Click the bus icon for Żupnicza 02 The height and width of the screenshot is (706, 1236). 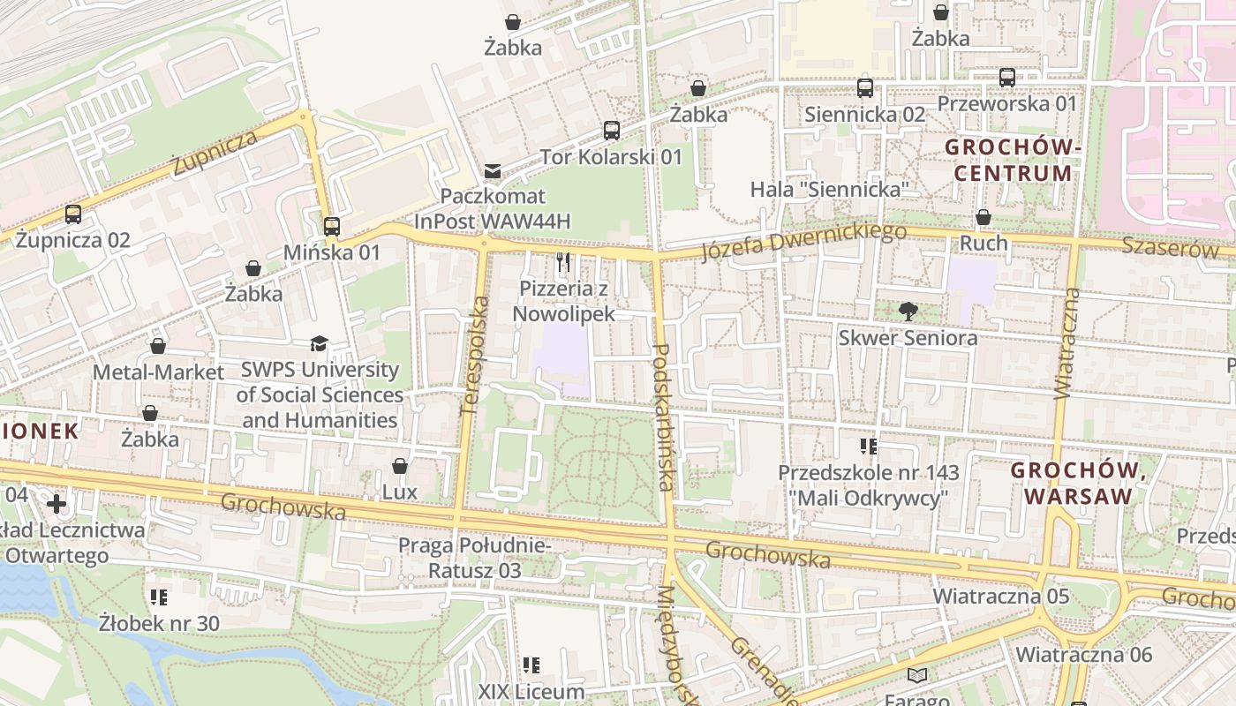(x=73, y=214)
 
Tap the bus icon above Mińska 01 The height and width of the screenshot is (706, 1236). (x=332, y=227)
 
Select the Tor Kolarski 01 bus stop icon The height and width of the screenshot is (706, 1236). (x=612, y=131)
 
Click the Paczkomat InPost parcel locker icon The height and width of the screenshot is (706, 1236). (x=492, y=170)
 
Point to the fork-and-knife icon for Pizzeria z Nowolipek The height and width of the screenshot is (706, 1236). (x=564, y=262)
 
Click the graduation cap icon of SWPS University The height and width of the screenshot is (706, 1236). (x=319, y=344)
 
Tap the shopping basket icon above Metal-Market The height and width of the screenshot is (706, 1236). (x=158, y=346)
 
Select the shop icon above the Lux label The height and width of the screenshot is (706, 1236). (x=400, y=466)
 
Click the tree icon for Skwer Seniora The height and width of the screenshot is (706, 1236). (x=908, y=312)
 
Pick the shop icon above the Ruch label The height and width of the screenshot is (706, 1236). (x=984, y=217)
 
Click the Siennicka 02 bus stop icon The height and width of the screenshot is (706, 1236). (x=865, y=88)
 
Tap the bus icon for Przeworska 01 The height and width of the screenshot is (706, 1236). (x=1007, y=78)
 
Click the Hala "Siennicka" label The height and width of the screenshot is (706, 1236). (x=830, y=190)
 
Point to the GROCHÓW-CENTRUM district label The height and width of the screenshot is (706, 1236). (x=1013, y=160)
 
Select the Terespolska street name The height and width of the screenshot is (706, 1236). (x=475, y=356)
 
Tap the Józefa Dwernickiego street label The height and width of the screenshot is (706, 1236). (x=803, y=242)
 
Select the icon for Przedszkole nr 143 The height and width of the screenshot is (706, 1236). (x=869, y=447)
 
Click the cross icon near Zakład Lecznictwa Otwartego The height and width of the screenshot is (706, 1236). (x=57, y=505)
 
